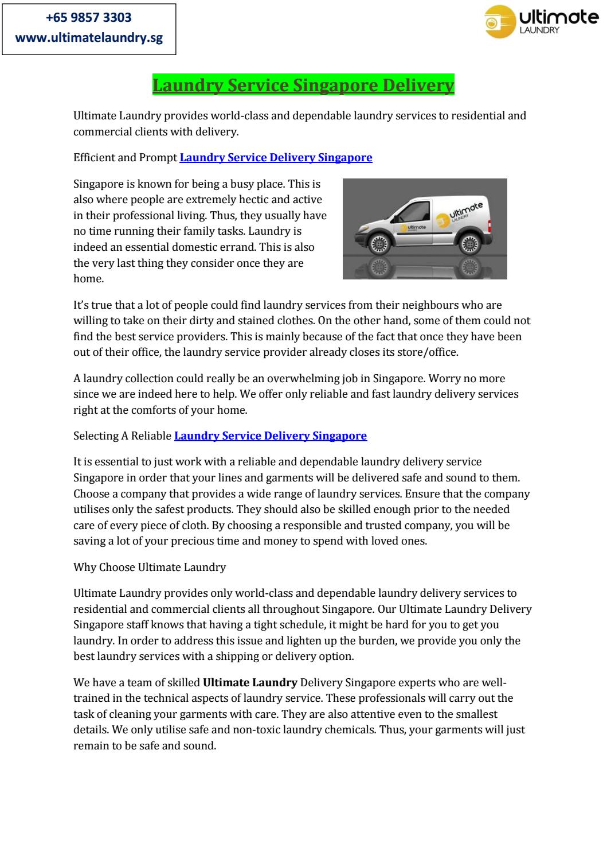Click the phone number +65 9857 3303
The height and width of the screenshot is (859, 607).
(x=88, y=17)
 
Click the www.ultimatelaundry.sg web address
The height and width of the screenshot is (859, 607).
(x=88, y=38)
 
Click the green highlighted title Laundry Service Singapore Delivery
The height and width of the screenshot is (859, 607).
(x=303, y=85)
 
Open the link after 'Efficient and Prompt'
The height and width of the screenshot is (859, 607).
(x=276, y=157)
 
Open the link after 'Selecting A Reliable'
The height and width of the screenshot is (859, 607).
(x=271, y=436)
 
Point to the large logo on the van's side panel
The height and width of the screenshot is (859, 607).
(x=459, y=214)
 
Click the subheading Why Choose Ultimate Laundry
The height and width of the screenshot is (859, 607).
(x=150, y=567)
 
